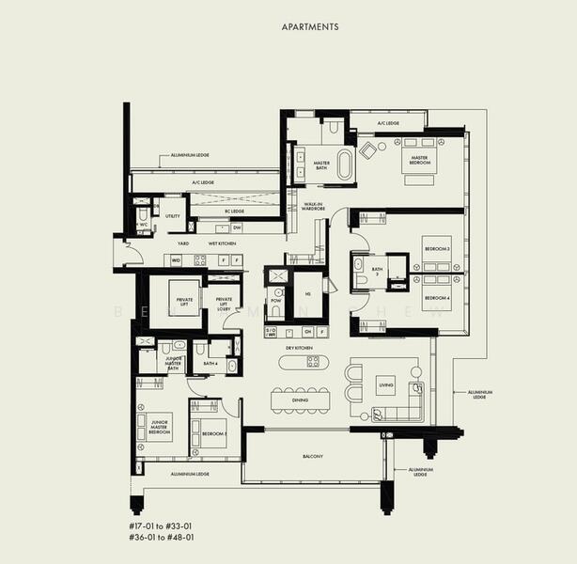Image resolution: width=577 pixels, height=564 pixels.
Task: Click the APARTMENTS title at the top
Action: (311, 27)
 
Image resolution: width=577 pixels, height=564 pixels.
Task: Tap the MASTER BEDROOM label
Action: (419, 163)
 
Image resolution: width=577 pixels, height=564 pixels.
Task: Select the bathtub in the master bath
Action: (344, 164)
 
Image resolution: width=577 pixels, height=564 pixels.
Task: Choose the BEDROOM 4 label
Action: (436, 298)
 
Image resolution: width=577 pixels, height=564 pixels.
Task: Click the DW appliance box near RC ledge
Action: (236, 227)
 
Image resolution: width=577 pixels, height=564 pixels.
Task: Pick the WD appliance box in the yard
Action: (176, 260)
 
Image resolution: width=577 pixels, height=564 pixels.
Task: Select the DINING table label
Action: (300, 400)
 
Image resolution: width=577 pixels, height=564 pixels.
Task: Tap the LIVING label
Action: (384, 384)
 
